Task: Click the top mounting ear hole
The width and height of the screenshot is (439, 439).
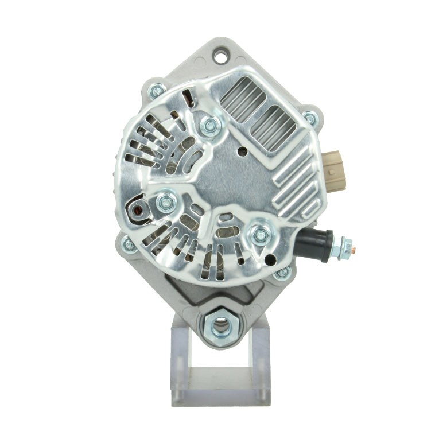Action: [220, 56]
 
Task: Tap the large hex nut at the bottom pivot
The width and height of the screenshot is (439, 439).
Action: [219, 325]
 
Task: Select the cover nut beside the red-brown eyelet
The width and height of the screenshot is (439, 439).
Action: [165, 202]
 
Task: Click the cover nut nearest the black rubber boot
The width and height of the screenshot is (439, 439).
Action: [261, 234]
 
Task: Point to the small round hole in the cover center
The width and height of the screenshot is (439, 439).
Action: [243, 153]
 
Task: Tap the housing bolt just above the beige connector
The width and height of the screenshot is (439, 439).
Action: [310, 118]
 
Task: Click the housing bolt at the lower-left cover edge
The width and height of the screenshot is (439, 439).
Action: [129, 245]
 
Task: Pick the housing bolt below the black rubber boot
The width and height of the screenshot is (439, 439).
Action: [282, 273]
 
